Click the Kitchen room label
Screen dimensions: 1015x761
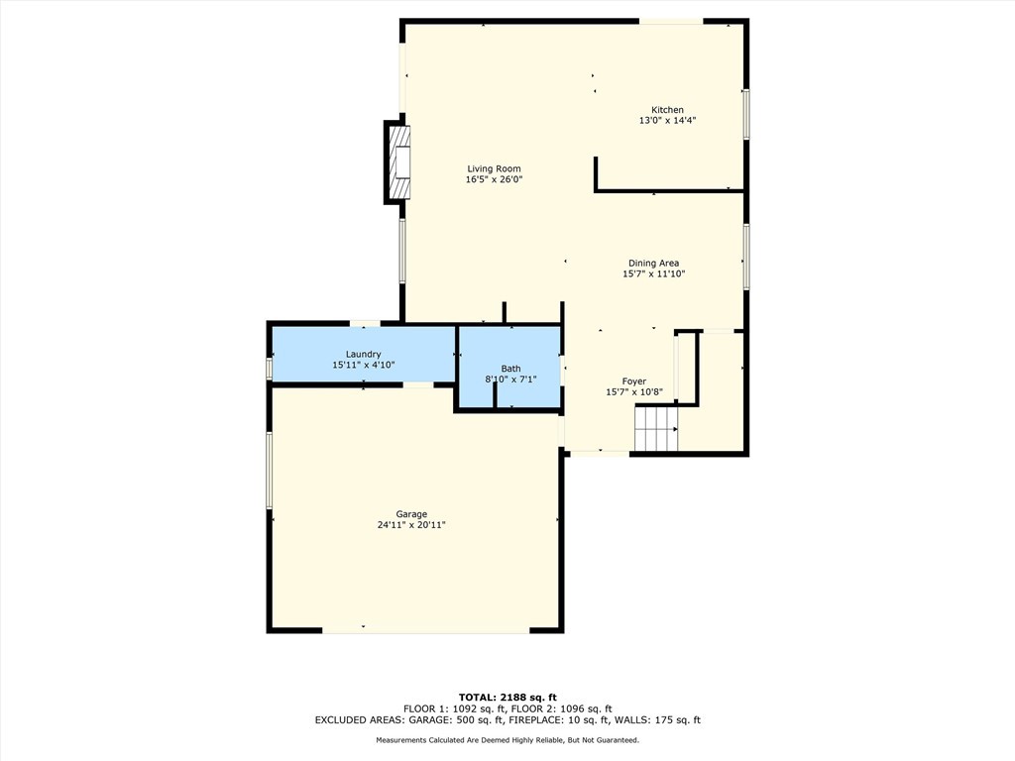(x=667, y=110)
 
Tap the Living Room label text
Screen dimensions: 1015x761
(x=494, y=168)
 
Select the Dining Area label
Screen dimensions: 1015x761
(x=654, y=263)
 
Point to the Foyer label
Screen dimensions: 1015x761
(x=634, y=381)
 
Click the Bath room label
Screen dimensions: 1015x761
(x=510, y=369)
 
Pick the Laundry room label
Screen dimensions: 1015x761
(x=363, y=354)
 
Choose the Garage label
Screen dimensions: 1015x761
(x=411, y=514)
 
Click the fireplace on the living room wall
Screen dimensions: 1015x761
(x=397, y=163)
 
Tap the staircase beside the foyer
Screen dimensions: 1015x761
(x=656, y=428)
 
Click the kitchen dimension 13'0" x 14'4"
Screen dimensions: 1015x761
(x=667, y=120)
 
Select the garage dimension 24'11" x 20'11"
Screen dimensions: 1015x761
(x=411, y=525)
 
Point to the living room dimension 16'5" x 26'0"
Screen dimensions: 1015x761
(x=494, y=179)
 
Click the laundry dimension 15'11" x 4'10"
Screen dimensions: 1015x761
(x=363, y=365)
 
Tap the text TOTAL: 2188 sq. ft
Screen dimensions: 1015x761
(x=507, y=697)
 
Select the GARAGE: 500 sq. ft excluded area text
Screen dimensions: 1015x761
(x=459, y=719)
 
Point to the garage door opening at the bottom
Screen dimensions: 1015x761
(x=426, y=629)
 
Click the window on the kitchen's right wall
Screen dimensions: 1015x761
(x=745, y=114)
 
